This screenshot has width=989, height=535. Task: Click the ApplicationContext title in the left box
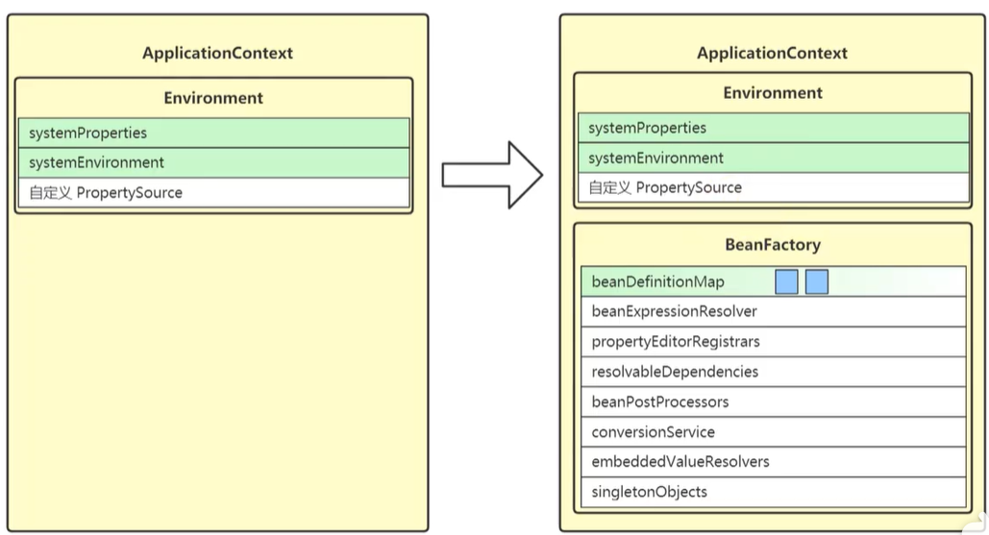coord(217,53)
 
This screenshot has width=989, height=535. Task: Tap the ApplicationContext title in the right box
coord(772,53)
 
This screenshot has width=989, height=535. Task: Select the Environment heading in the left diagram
coord(213,98)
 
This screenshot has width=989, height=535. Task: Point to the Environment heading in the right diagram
coord(773,92)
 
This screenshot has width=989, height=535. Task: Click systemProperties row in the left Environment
coord(213,133)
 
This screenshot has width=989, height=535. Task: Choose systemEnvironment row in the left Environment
coord(213,162)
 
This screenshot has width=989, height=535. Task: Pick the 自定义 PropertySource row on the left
coord(213,192)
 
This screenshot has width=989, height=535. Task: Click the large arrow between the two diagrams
coord(492,175)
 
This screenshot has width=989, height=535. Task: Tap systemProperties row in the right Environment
coord(774,128)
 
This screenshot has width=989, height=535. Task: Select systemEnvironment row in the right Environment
coord(774,158)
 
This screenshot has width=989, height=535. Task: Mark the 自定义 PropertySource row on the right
coord(774,187)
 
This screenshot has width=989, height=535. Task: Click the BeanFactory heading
coord(773,245)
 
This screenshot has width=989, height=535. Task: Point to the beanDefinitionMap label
coord(657,281)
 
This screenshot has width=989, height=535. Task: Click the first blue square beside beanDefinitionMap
coord(786,281)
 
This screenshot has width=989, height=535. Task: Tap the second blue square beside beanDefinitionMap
coord(817,281)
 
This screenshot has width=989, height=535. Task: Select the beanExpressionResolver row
coord(774,311)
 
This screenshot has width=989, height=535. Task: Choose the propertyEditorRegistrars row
coord(774,342)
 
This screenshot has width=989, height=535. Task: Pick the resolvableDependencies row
coord(774,372)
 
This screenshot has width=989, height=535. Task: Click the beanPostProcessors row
coord(774,402)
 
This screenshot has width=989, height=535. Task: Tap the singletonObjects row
coord(774,492)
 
